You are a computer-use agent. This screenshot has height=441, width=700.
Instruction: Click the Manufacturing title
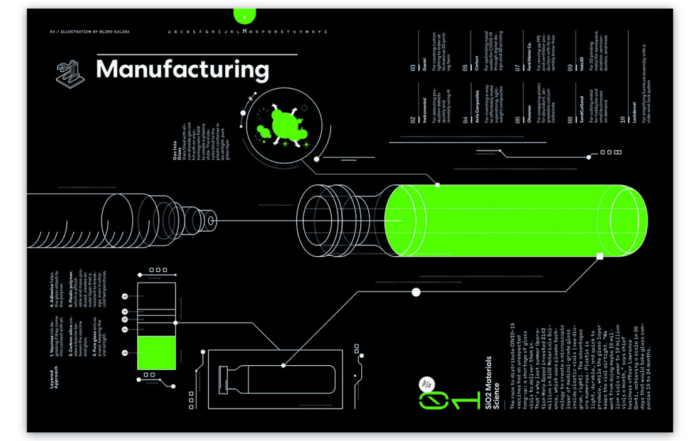click(183, 69)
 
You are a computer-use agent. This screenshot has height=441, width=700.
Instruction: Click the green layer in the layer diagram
click(156, 353)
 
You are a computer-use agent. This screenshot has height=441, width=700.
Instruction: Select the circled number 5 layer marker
click(125, 296)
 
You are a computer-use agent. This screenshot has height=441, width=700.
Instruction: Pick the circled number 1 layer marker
click(125, 353)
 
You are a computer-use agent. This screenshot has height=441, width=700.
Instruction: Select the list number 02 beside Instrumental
click(413, 119)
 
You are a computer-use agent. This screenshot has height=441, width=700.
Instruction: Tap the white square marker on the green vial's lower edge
click(600, 256)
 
